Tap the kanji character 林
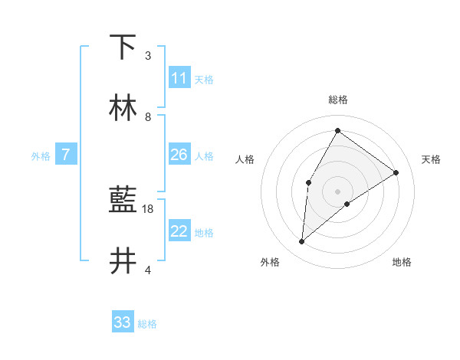pyautogui.click(x=123, y=108)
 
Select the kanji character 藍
pyautogui.click(x=123, y=201)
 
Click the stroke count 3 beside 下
pyautogui.click(x=148, y=55)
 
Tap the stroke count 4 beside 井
pyautogui.click(x=148, y=270)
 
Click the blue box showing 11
pyautogui.click(x=179, y=78)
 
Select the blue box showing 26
pyautogui.click(x=179, y=155)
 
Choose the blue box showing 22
pyautogui.click(x=179, y=231)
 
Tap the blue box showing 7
pyautogui.click(x=66, y=155)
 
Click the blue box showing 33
pyautogui.click(x=123, y=322)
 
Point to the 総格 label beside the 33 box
pyautogui.click(x=147, y=324)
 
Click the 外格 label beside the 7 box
pyautogui.click(x=41, y=156)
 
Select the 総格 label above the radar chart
pyautogui.click(x=337, y=100)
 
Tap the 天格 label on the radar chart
pyautogui.click(x=431, y=159)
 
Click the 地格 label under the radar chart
pyautogui.click(x=402, y=262)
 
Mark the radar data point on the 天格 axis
pyautogui.click(x=396, y=172)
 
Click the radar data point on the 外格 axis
pyautogui.click(x=302, y=242)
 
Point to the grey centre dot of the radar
pyautogui.click(x=337, y=191)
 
